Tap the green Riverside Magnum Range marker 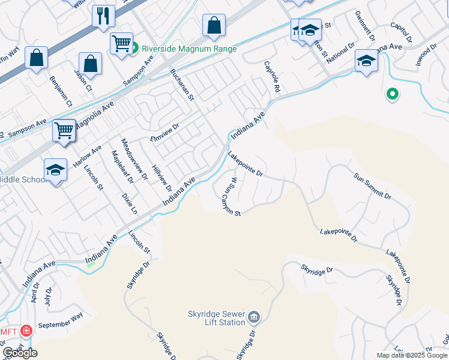pyautogui.click(x=135, y=47)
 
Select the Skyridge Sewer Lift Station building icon pyautogui.click(x=254, y=316)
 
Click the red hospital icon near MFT pyautogui.click(x=26, y=331)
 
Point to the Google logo pyautogui.click(x=20, y=353)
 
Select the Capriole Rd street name pyautogui.click(x=272, y=77)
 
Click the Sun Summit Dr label pyautogui.click(x=372, y=187)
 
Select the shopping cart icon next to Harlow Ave pyautogui.click(x=64, y=130)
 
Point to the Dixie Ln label pyautogui.click(x=130, y=203)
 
